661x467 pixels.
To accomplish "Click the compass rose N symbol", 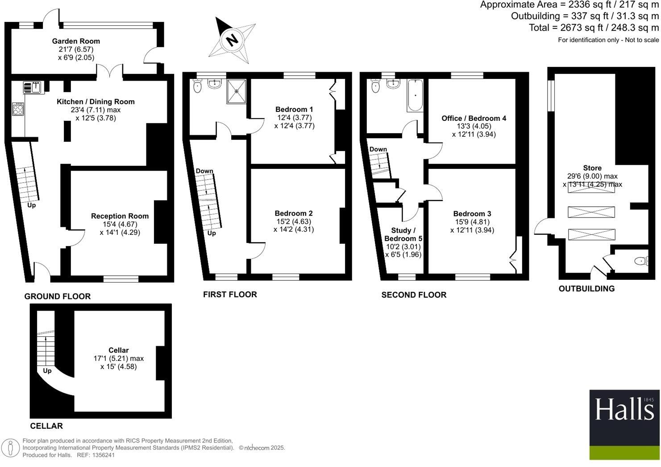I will pos(232,40).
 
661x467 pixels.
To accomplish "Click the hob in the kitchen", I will pos(18,109).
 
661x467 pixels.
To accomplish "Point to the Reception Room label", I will pos(120,216).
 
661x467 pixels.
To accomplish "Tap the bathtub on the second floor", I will pos(415,95).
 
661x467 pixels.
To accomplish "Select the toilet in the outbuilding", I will pos(641,261).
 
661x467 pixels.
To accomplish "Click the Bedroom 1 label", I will pos(294,109).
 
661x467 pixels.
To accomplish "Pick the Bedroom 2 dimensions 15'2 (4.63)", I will pos(294,221).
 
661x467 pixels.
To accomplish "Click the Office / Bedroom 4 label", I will pos(474,118).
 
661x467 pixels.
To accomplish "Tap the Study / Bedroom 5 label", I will pos(403,234).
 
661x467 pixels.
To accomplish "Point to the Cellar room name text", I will pos(118,350).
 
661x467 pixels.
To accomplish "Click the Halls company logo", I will pos(624,424).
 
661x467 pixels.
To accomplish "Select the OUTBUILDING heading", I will pos(586,289).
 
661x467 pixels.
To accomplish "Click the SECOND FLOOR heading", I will pos(414,295).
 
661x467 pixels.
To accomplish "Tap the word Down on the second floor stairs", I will pos(378,149).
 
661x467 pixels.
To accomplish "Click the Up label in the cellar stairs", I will pos(47,371).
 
